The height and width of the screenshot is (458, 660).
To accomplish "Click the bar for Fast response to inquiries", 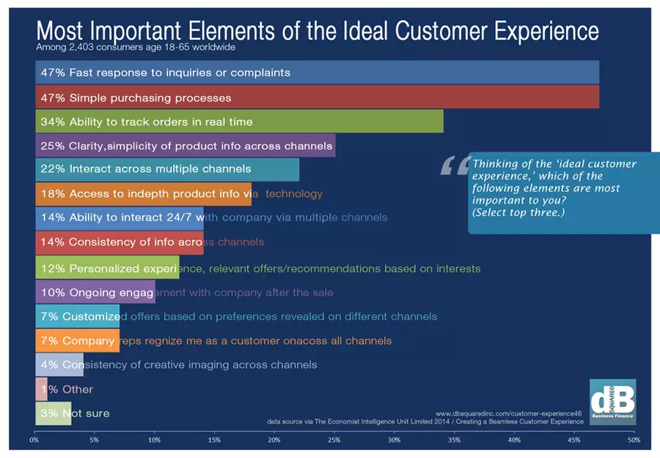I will [317, 73].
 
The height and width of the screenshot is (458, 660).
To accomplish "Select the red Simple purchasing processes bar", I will [317, 97].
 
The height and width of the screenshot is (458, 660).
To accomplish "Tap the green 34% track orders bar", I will [239, 121].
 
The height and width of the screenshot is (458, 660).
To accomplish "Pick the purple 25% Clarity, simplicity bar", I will [185, 145].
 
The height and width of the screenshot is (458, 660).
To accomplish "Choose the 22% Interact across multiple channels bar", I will [167, 169].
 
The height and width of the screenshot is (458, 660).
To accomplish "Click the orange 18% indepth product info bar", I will [143, 193].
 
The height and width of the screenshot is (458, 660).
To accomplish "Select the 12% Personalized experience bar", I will [107, 267].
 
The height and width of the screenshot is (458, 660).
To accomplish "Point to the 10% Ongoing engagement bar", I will [95, 292].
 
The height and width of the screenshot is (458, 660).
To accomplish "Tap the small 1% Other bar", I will [41, 389].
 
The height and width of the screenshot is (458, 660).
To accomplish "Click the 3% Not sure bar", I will [53, 413].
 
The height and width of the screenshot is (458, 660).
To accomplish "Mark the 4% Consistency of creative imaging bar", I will [59, 364].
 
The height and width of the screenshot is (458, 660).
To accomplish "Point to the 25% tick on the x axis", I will [334, 440].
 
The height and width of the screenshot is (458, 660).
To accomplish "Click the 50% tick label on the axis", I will [634, 440].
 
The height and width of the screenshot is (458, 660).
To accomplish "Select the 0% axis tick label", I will [34, 440].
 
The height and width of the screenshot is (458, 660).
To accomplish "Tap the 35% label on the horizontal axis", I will [454, 440].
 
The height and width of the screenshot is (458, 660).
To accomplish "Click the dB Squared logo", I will [612, 402].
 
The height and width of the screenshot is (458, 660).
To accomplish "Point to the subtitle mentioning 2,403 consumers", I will [136, 48].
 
